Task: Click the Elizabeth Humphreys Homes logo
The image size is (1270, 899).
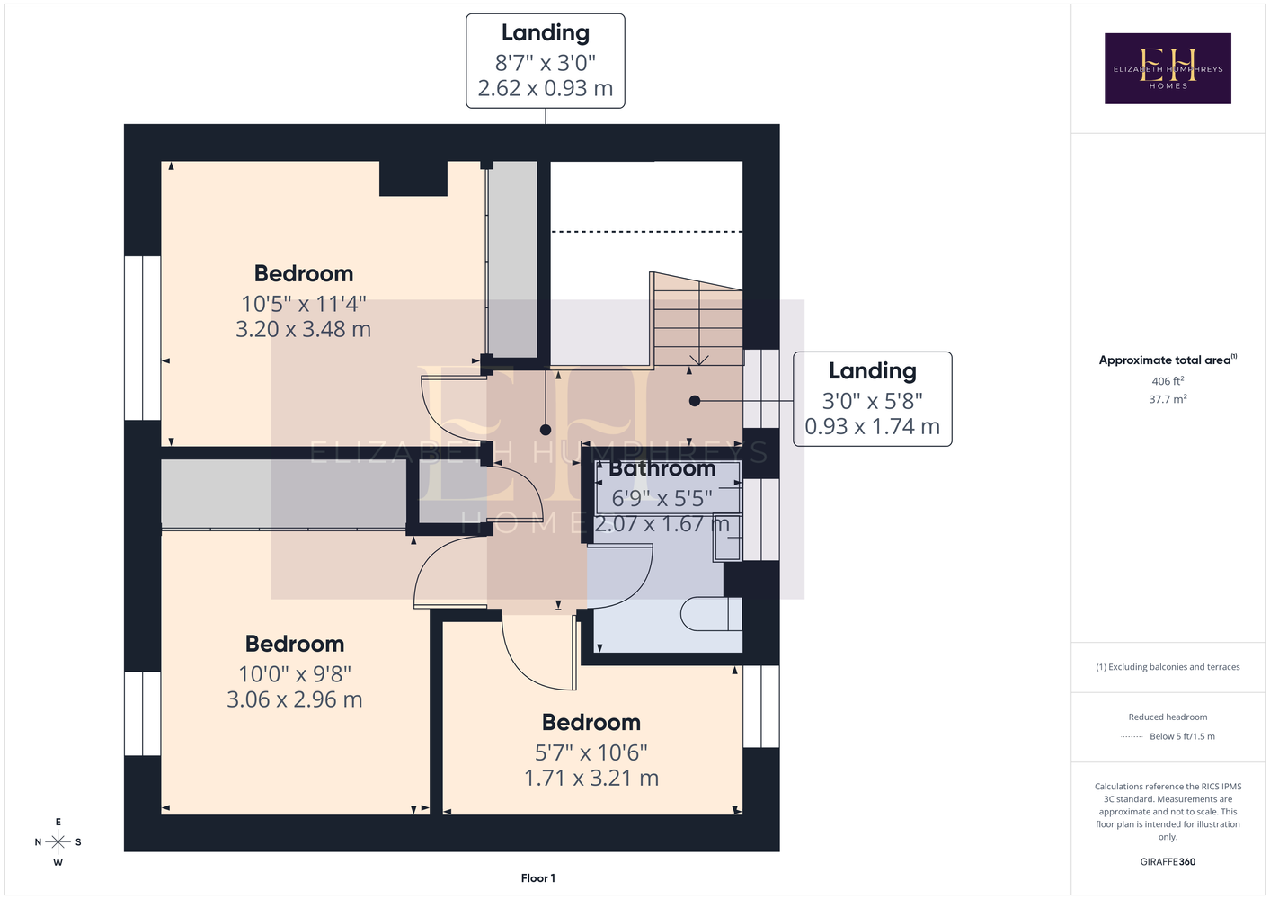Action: click(1168, 68)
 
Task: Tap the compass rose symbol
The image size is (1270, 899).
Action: click(58, 841)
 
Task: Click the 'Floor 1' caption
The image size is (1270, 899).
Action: click(538, 878)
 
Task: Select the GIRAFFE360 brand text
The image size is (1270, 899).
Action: click(1168, 861)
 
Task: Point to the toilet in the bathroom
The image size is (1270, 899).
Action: click(711, 614)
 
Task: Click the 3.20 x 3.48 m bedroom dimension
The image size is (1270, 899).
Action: click(303, 329)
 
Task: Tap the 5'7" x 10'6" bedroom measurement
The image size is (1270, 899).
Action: click(591, 752)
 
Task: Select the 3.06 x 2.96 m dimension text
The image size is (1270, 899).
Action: click(294, 699)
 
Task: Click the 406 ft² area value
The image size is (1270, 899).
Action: click(1168, 380)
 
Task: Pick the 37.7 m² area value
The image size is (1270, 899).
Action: click(1168, 399)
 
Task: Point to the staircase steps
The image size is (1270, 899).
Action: click(698, 319)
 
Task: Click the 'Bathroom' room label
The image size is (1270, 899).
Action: click(662, 468)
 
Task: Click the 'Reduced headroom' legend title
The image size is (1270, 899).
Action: click(1168, 717)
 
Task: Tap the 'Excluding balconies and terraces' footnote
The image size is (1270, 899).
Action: click(1168, 667)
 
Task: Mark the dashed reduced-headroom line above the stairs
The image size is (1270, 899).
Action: click(647, 231)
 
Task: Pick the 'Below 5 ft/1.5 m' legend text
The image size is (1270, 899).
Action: click(1182, 736)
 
